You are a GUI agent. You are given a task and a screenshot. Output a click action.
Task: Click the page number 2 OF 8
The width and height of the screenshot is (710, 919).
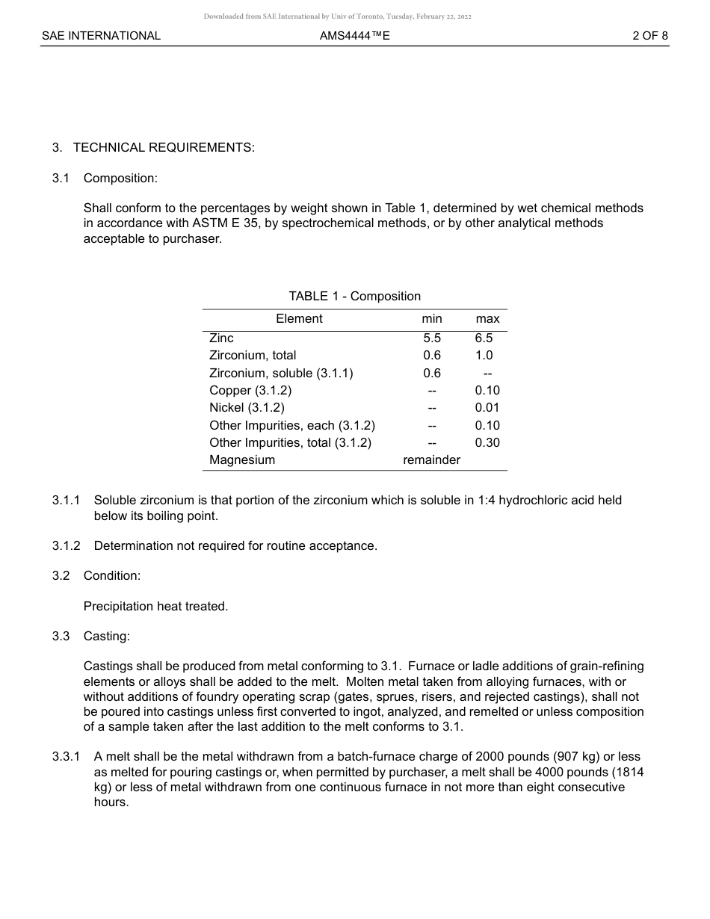649,35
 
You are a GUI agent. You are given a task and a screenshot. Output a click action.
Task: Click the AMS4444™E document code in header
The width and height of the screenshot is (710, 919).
354,35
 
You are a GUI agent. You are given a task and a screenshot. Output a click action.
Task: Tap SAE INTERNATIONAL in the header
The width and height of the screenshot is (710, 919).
101,35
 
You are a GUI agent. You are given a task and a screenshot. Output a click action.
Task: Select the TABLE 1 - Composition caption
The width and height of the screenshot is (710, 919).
354,296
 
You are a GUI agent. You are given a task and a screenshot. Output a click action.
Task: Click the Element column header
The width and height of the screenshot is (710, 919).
299,318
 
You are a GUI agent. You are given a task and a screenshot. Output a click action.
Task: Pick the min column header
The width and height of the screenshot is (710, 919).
431,319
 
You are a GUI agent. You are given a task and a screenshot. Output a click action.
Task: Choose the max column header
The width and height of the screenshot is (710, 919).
487,319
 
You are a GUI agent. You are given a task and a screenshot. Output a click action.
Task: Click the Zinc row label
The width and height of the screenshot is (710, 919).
221,338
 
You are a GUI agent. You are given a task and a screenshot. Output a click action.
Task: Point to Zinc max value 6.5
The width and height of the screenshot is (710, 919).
484,338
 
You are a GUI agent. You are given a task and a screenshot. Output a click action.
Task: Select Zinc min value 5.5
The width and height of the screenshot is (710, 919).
431,338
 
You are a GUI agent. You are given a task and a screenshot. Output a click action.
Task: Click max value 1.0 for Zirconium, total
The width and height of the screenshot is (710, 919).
484,356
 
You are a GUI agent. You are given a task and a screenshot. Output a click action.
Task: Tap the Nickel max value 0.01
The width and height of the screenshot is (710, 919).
487,408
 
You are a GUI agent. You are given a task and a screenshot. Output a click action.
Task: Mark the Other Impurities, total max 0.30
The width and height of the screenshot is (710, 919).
487,442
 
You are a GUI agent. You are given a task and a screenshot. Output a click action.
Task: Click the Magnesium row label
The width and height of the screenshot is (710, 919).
242,460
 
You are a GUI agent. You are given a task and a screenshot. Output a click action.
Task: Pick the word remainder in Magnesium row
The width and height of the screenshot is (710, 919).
431,460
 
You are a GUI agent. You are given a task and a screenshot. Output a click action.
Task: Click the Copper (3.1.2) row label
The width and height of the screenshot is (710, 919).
250,390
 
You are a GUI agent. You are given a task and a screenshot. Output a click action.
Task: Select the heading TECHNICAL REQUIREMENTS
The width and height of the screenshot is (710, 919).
164,147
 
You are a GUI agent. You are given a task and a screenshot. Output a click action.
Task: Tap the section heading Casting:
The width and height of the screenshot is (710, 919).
107,636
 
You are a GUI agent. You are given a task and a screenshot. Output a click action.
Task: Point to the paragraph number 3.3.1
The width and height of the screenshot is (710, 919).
66,757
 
